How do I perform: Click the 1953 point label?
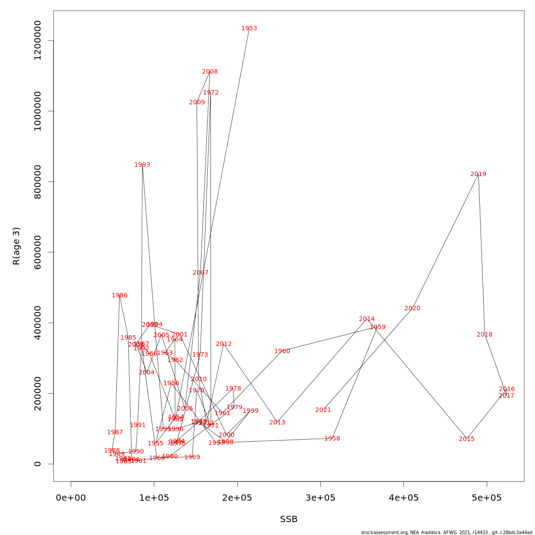pyautogui.click(x=249, y=29)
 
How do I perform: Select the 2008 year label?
pyautogui.click(x=210, y=72)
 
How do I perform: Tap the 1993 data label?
pyautogui.click(x=142, y=165)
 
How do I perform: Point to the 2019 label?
pyautogui.click(x=478, y=174)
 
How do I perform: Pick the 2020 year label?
pyautogui.click(x=412, y=309)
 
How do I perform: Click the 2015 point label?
pyautogui.click(x=467, y=439)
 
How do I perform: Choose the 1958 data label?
pyautogui.click(x=332, y=439)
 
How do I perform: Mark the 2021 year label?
pyautogui.click(x=323, y=410)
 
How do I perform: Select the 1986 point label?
pyautogui.click(x=119, y=296)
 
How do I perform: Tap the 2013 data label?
pyautogui.click(x=277, y=423)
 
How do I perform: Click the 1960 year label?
pyautogui.click(x=282, y=351)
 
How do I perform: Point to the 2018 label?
pyautogui.click(x=485, y=335)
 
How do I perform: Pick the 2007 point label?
pyautogui.click(x=201, y=273)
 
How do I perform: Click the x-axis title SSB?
pyautogui.click(x=288, y=519)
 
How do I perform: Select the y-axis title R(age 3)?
pyautogui.click(x=16, y=246)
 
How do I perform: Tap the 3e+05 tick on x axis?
pyautogui.click(x=321, y=498)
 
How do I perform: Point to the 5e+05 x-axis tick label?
pyautogui.click(x=487, y=498)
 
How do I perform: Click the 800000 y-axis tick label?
pyautogui.click(x=37, y=181)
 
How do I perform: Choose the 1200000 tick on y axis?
pyautogui.click(x=37, y=40)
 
